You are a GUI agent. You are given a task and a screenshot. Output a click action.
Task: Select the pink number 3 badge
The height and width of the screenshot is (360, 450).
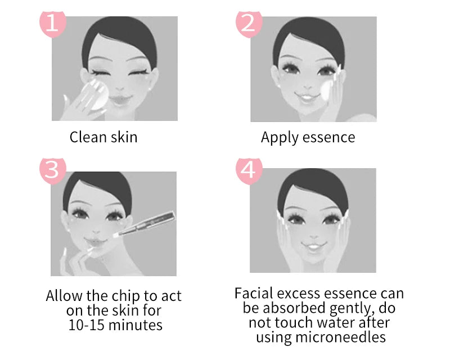pyautogui.click(x=52, y=169)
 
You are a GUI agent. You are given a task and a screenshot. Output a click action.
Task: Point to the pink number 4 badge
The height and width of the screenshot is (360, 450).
pyautogui.click(x=248, y=169)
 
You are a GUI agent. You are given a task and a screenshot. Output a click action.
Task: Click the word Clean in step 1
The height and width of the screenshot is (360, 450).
pyautogui.click(x=86, y=137)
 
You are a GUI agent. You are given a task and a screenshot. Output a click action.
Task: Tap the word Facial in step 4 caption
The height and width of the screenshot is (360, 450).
pyautogui.click(x=254, y=294)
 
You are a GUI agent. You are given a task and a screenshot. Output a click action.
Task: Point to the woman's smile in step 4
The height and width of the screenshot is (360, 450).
pyautogui.click(x=312, y=246)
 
